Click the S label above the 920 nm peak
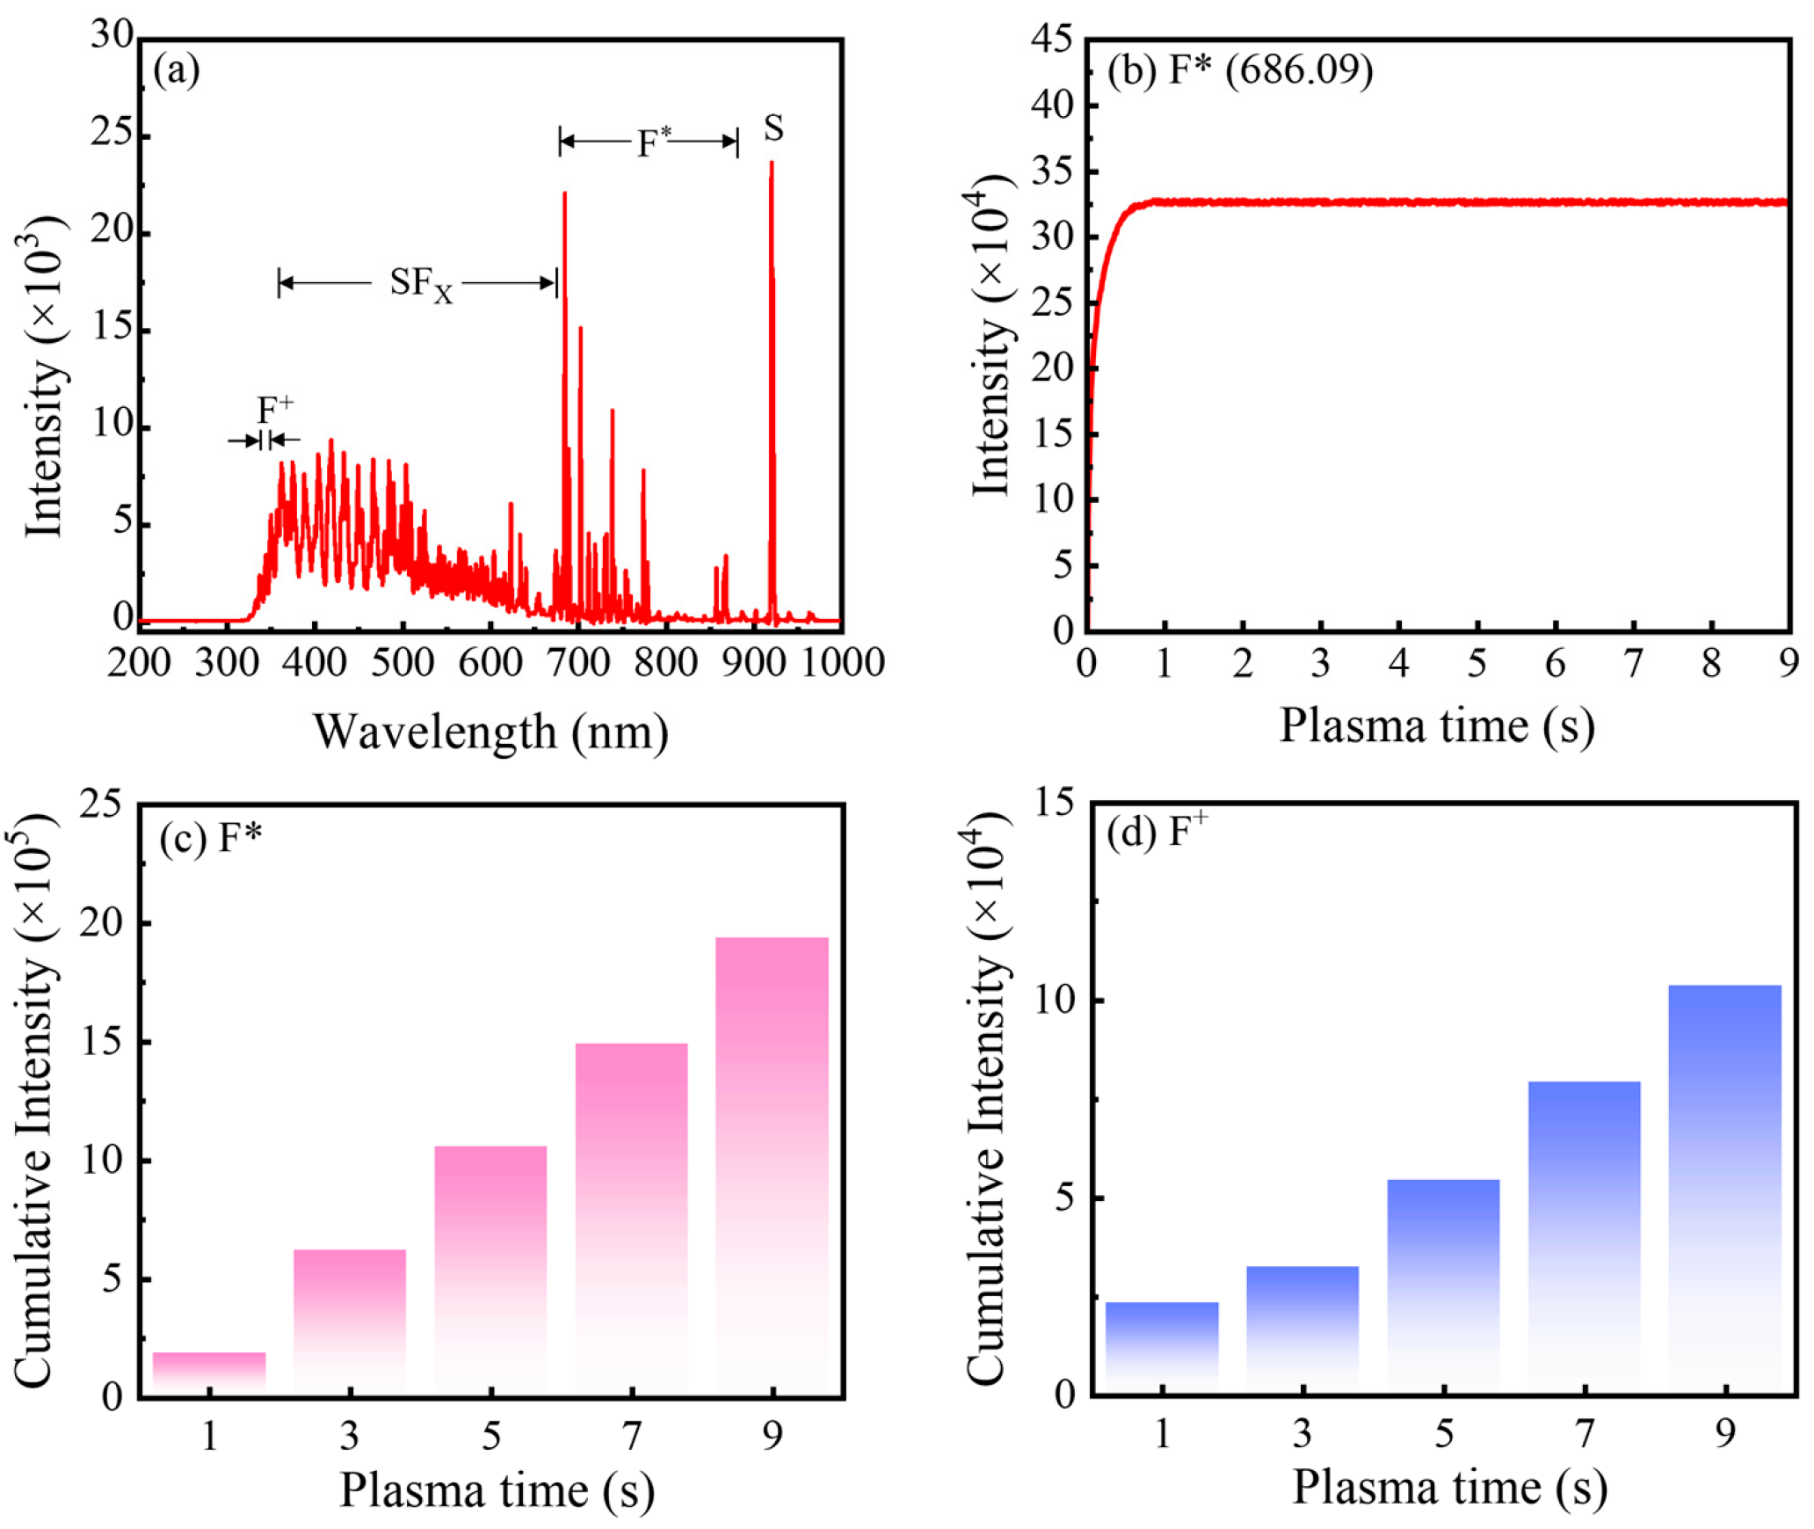(x=773, y=128)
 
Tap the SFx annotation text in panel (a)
(x=420, y=283)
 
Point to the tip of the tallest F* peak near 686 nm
(x=564, y=193)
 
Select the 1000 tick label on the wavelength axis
(x=842, y=662)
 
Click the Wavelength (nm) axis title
(x=490, y=732)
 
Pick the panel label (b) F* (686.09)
(x=1239, y=70)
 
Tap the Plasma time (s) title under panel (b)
(x=1436, y=726)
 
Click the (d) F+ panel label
(x=1157, y=832)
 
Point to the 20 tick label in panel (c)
(x=101, y=922)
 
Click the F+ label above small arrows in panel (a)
(x=274, y=410)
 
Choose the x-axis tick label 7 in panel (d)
(x=1585, y=1434)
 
